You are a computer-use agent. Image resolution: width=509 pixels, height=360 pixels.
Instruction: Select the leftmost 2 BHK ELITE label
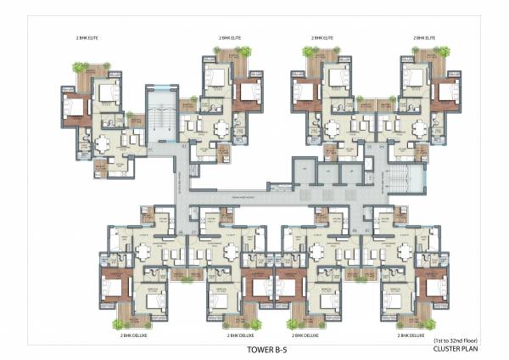pos(88,38)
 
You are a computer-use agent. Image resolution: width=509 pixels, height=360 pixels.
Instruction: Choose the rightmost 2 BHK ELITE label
pos(425,38)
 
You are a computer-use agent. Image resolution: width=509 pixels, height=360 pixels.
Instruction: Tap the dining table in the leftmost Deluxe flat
pos(146,252)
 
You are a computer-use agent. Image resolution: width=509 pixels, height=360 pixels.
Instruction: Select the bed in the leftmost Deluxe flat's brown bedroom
pos(113,284)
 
